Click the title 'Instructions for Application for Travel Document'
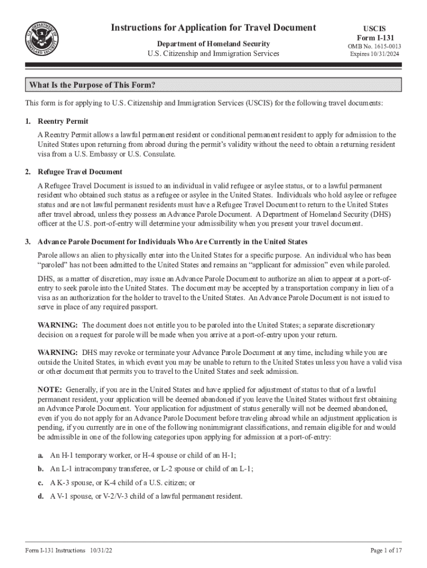click(213, 28)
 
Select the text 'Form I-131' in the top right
click(375, 37)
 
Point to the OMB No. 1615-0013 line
click(375, 46)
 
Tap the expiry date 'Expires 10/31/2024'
click(375, 54)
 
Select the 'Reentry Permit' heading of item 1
click(63, 121)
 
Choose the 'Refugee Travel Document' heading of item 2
click(80, 172)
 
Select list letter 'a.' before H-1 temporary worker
click(40, 455)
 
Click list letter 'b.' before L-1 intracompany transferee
click(41, 469)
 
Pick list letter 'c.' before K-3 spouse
click(40, 483)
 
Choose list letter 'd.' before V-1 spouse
click(41, 496)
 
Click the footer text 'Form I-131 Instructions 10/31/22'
click(69, 550)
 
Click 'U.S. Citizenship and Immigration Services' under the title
click(213, 54)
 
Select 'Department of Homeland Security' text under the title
click(213, 44)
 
